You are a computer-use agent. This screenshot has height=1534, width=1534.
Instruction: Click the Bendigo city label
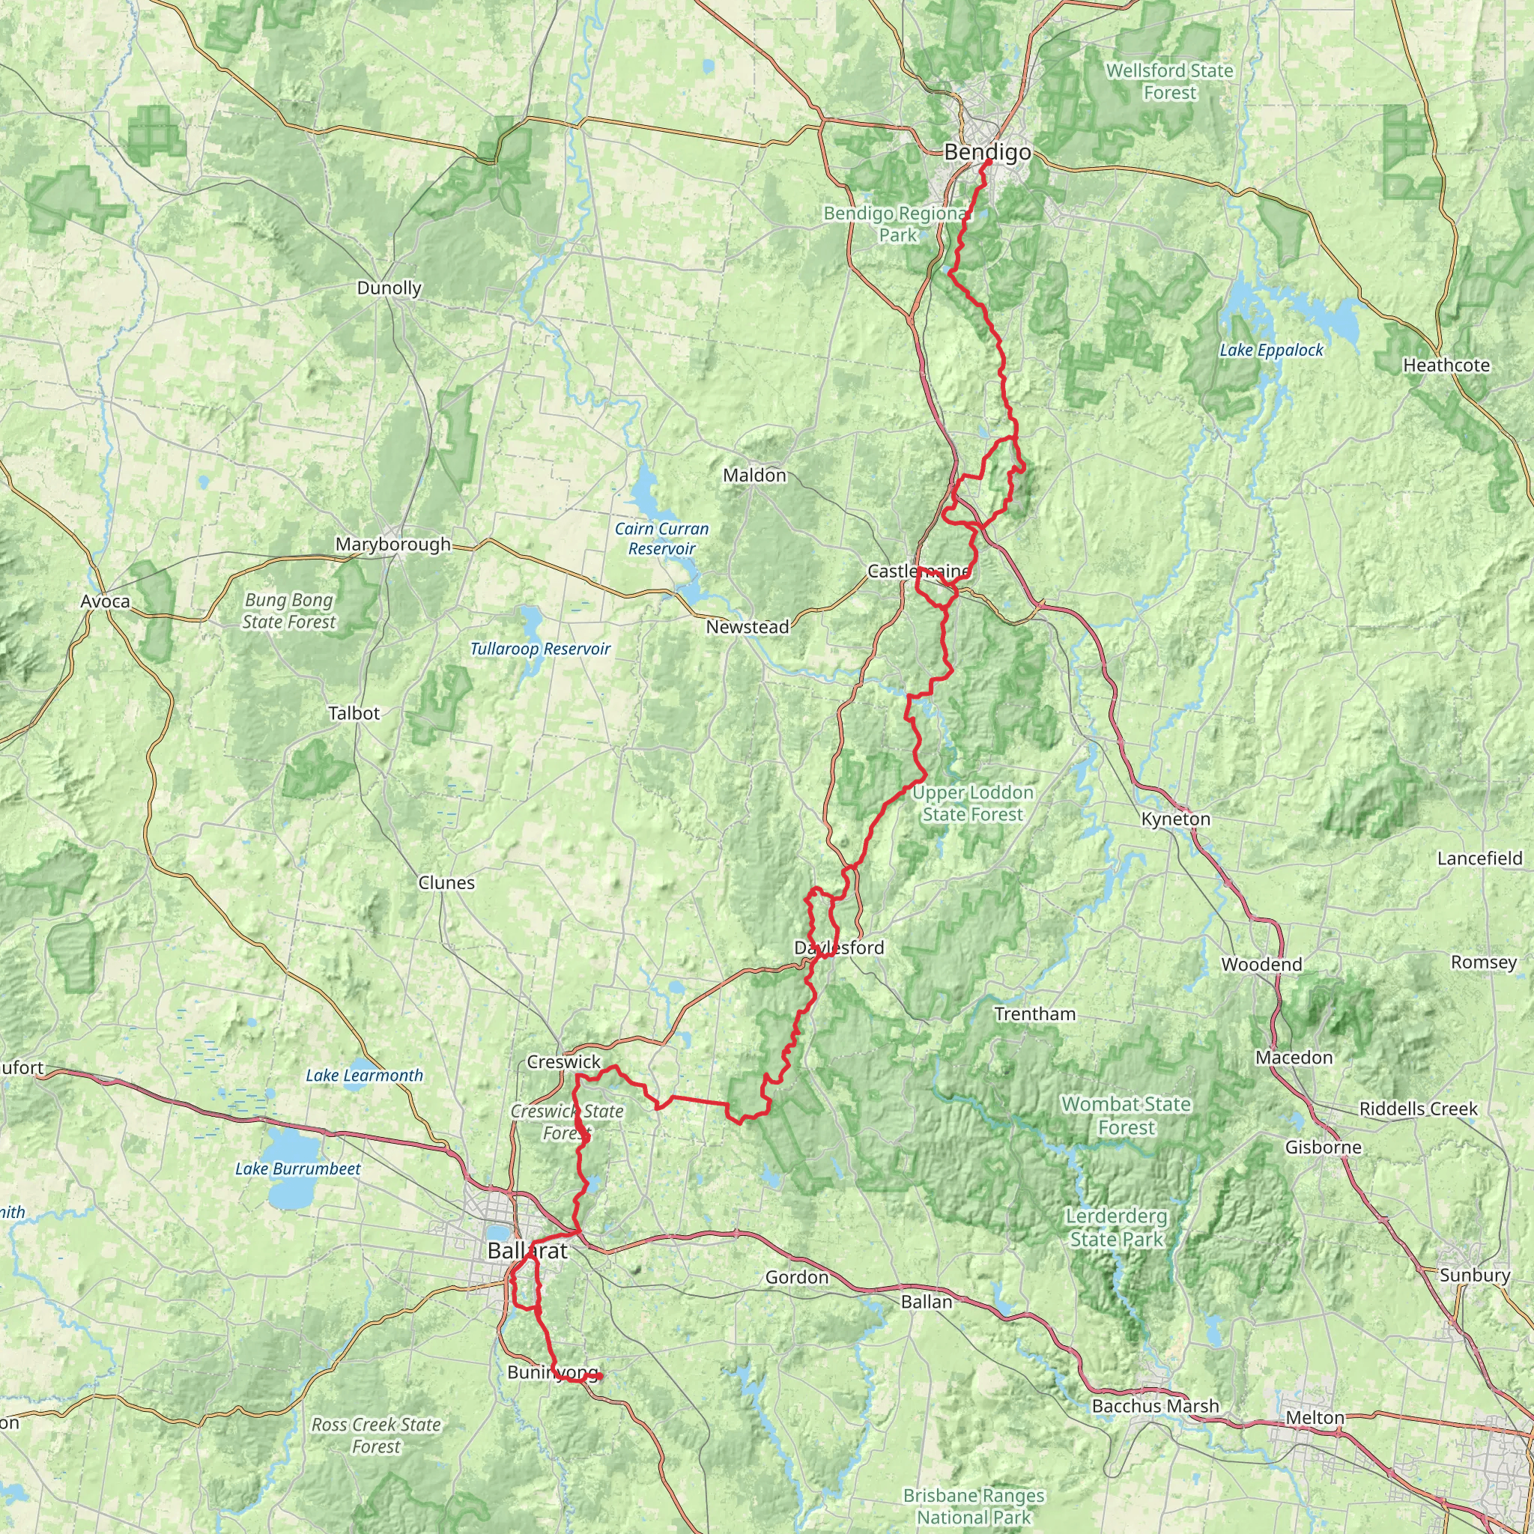pyautogui.click(x=987, y=153)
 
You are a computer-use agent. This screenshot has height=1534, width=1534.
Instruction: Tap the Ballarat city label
pyautogui.click(x=527, y=1252)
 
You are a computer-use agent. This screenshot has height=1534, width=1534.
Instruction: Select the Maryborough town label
pyautogui.click(x=392, y=545)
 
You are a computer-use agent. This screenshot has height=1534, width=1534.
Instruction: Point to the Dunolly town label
pyautogui.click(x=389, y=288)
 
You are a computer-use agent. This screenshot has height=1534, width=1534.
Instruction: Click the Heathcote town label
pyautogui.click(x=1446, y=366)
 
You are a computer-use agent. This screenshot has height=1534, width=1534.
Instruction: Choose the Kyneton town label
pyautogui.click(x=1175, y=819)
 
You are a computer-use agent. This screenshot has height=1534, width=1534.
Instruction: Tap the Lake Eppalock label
pyautogui.click(x=1271, y=350)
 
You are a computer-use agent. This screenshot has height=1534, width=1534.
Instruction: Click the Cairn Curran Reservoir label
pyautogui.click(x=661, y=539)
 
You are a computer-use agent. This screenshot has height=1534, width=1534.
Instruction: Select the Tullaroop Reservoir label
pyautogui.click(x=540, y=649)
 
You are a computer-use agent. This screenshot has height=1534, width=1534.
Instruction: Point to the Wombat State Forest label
pyautogui.click(x=1126, y=1115)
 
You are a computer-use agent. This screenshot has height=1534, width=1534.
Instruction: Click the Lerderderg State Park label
pyautogui.click(x=1115, y=1228)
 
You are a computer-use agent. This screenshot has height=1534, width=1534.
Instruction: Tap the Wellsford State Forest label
pyautogui.click(x=1169, y=82)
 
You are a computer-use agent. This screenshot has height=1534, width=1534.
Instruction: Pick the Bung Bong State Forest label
pyautogui.click(x=289, y=610)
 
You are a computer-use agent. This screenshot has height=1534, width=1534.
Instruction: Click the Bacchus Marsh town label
pyautogui.click(x=1155, y=1406)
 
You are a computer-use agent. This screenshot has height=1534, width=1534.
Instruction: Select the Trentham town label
pyautogui.click(x=1034, y=1014)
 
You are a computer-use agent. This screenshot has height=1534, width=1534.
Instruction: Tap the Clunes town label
pyautogui.click(x=446, y=883)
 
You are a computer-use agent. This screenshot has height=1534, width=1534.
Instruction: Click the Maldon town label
pyautogui.click(x=754, y=475)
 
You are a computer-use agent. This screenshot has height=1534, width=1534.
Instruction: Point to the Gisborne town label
pyautogui.click(x=1323, y=1147)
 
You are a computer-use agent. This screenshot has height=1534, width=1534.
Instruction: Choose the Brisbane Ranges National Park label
pyautogui.click(x=974, y=1506)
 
